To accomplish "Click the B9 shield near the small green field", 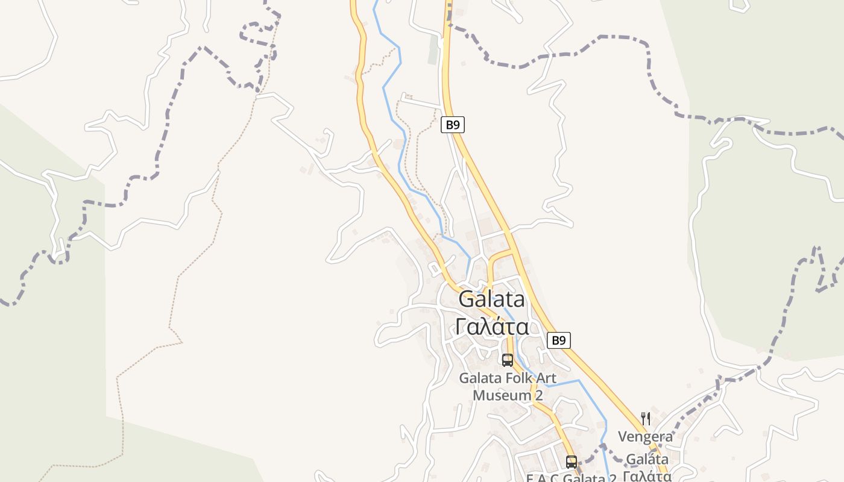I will click(x=453, y=125).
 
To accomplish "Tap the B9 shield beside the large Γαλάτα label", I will click(x=559, y=340).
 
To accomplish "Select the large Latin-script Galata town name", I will click(x=491, y=299).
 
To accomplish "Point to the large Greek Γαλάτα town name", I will click(x=492, y=327).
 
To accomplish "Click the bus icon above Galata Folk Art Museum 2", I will click(x=508, y=360).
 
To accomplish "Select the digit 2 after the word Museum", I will click(x=539, y=395).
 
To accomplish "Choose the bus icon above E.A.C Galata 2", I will click(x=571, y=462).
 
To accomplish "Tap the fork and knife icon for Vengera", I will click(x=645, y=419).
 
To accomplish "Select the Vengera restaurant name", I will click(x=645, y=436).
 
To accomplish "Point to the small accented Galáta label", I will click(x=647, y=459).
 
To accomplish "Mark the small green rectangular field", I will click(x=433, y=50).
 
